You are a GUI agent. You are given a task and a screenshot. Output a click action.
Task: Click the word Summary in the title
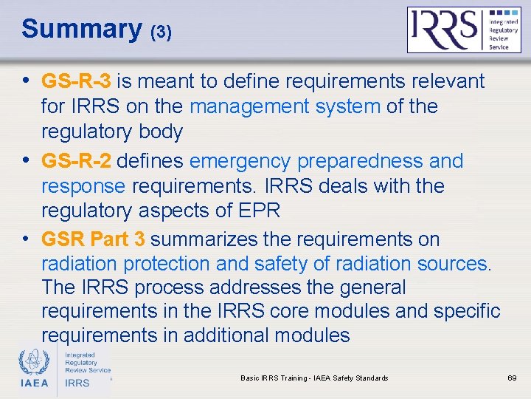[x=82, y=30]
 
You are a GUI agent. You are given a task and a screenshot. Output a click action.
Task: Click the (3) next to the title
[x=162, y=33]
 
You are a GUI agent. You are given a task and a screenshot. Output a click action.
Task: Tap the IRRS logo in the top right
[x=464, y=30]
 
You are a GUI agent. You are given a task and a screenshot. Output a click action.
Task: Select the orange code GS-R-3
[x=76, y=81]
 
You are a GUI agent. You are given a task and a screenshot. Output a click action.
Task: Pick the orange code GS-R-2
[x=76, y=161]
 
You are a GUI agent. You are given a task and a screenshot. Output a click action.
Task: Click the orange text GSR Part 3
[x=93, y=239]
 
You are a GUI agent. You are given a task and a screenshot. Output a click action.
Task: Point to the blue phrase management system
[x=285, y=106]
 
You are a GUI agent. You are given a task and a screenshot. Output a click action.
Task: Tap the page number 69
[x=513, y=378]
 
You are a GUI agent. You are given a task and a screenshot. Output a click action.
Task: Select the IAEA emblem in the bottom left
[x=34, y=362]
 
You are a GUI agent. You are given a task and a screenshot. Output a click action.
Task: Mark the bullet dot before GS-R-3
[x=27, y=81]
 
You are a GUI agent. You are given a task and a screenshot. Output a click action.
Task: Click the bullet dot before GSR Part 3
[x=27, y=239]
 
